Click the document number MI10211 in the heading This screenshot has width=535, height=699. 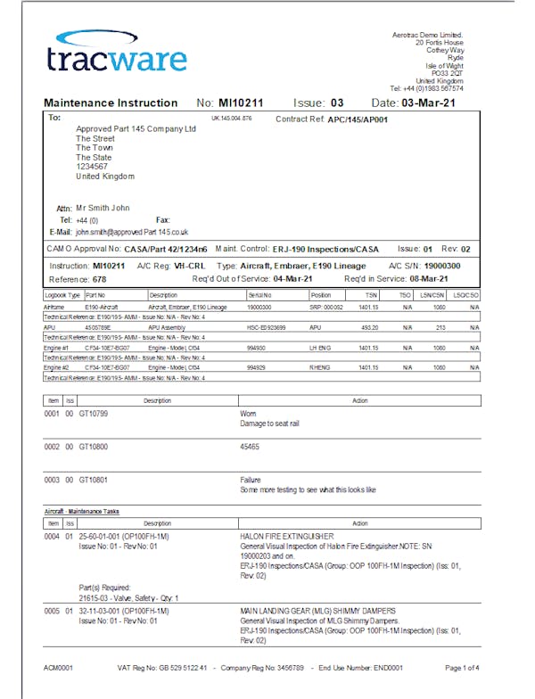(243, 103)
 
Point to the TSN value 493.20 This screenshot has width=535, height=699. (368, 327)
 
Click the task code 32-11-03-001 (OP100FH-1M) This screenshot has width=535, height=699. (124, 613)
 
